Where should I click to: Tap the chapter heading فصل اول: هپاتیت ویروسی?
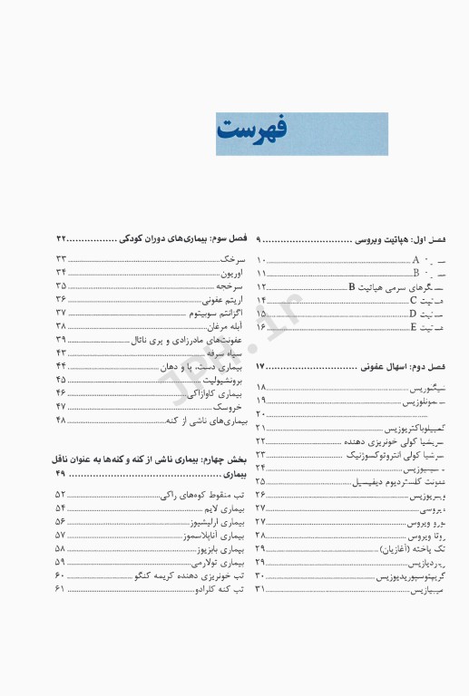coord(400,238)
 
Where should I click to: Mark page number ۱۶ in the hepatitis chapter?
coord(261,326)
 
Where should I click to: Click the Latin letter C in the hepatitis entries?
coord(413,299)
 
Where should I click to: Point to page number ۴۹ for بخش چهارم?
coord(62,473)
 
